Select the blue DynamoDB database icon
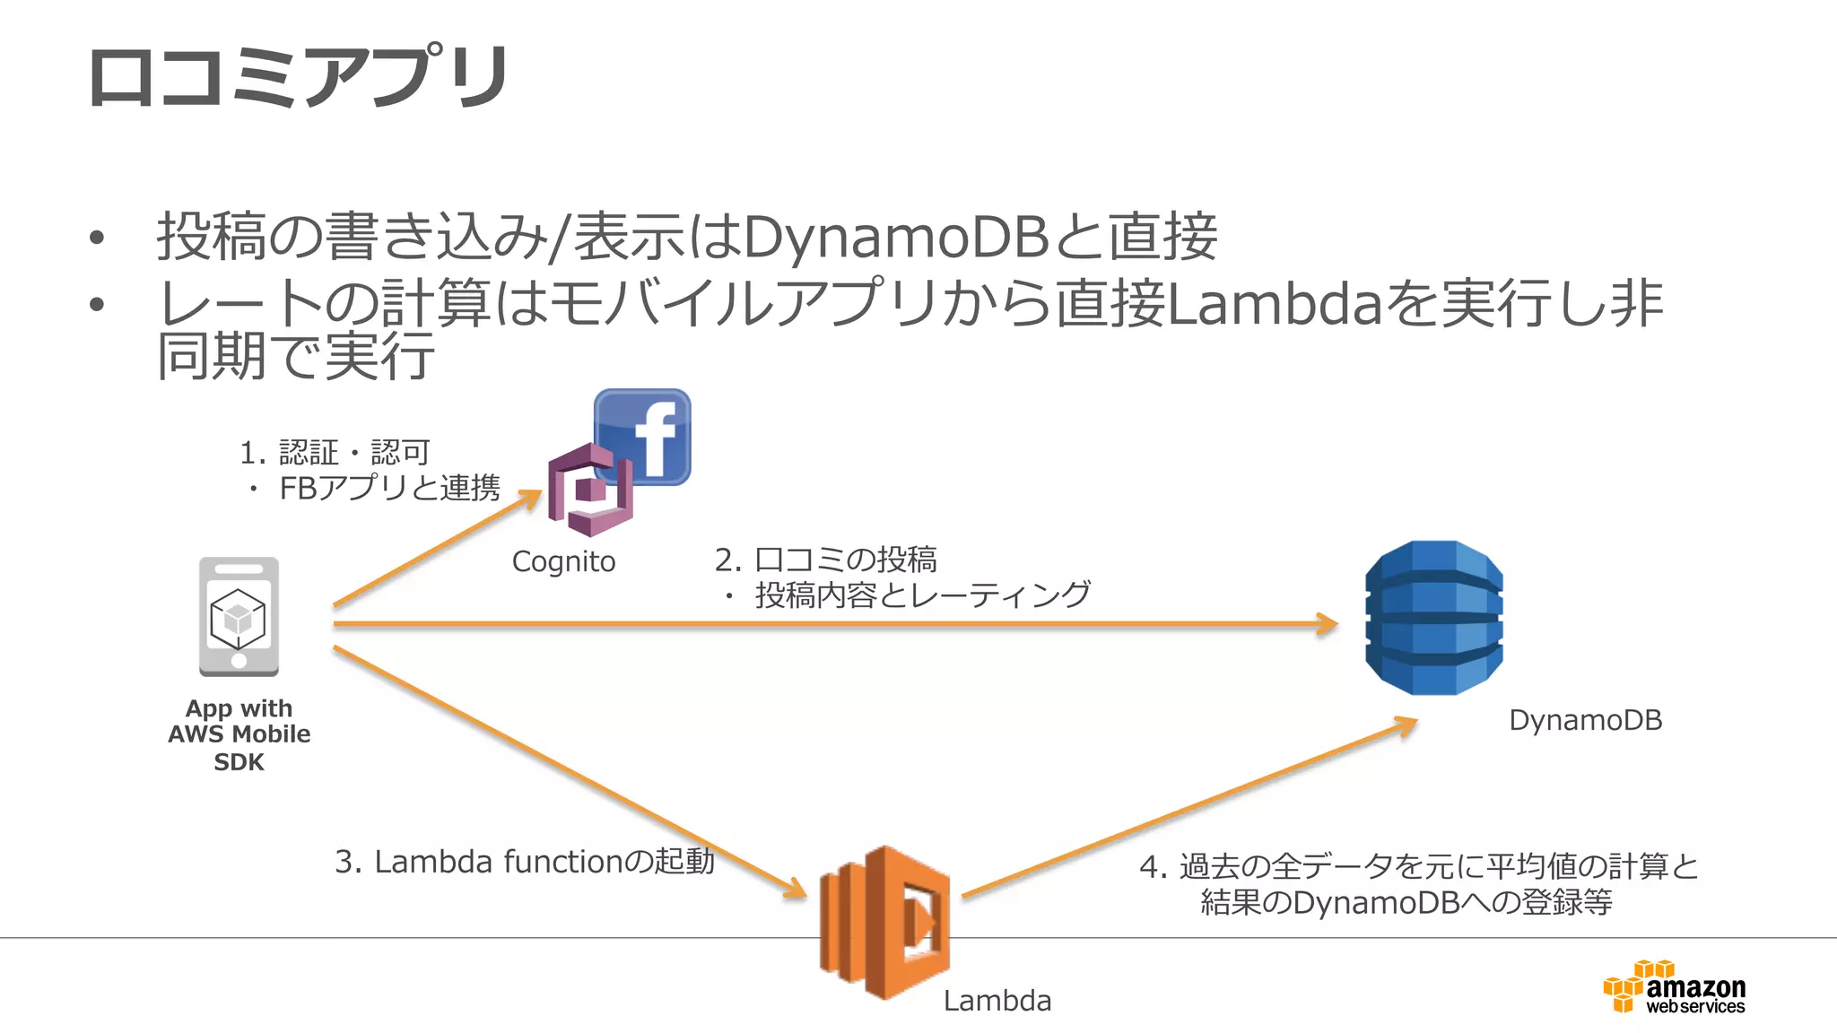coord(1433,618)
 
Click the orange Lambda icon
coord(884,922)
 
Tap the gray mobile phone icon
coord(239,617)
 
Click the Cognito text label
coord(563,562)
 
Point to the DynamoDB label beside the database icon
coord(1585,720)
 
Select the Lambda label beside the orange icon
coord(997,1001)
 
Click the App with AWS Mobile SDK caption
coord(239,734)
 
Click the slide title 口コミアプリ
coord(299,77)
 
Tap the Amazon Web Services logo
coord(1675,988)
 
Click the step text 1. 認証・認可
coord(335,453)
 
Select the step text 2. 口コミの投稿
coord(825,560)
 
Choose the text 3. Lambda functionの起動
coord(524,862)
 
